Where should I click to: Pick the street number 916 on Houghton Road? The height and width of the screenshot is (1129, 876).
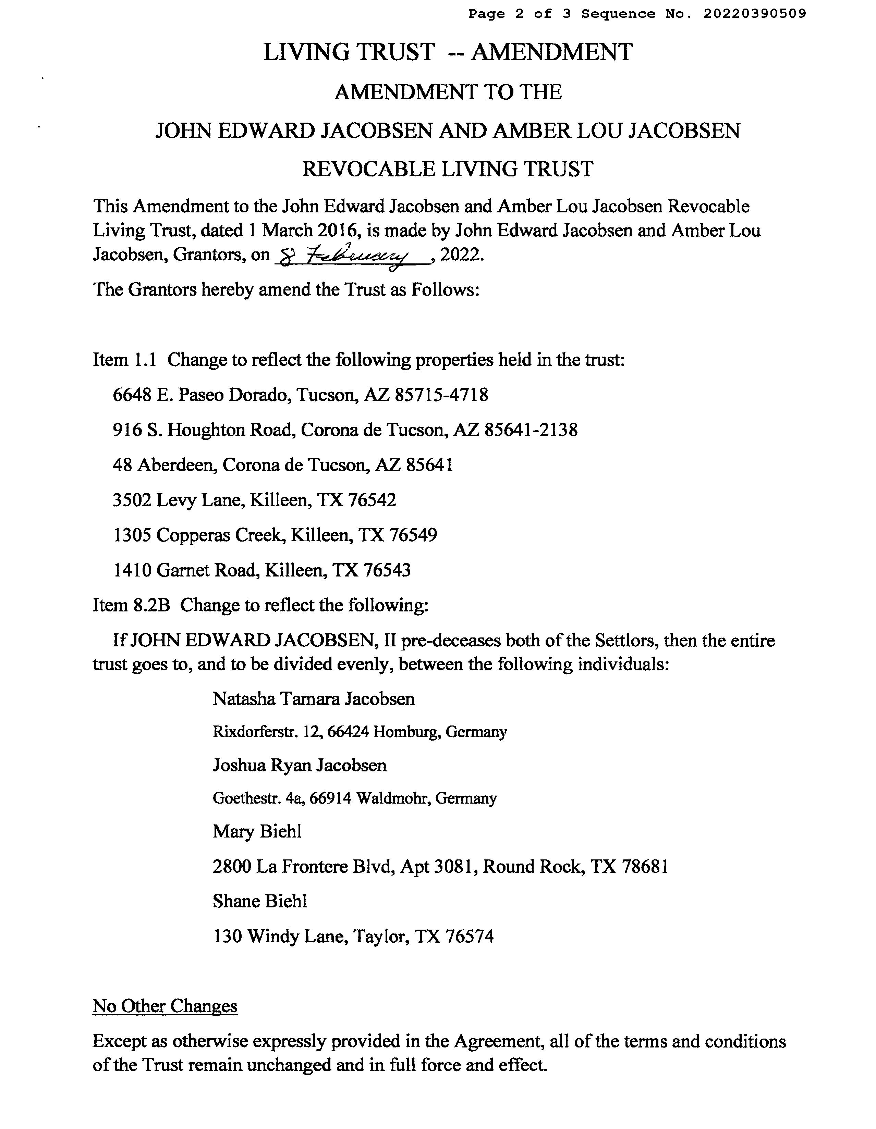tap(127, 430)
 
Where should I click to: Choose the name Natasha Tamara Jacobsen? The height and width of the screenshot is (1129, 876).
tap(313, 699)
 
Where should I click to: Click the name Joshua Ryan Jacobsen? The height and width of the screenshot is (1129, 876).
tap(300, 766)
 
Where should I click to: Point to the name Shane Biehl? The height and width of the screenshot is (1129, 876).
tap(259, 902)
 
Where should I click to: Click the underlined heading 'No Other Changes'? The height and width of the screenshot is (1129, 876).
tap(165, 1006)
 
